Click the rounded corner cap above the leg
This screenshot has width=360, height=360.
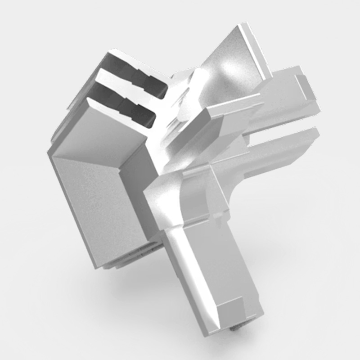click(x=189, y=193)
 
